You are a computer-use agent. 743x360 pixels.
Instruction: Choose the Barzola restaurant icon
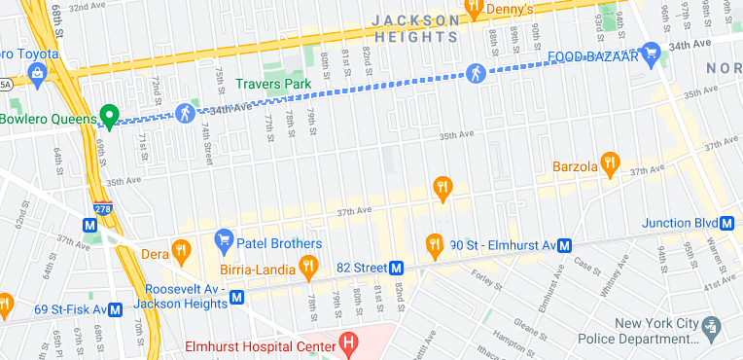610,164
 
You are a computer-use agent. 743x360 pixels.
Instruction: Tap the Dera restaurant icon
180,251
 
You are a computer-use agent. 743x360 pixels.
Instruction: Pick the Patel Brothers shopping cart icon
224,239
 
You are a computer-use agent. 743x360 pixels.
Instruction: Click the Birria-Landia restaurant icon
308,265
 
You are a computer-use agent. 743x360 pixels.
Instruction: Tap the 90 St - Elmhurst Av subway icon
564,245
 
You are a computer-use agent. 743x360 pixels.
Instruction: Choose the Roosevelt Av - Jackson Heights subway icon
235,298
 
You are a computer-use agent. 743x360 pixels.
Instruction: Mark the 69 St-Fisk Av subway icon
115,309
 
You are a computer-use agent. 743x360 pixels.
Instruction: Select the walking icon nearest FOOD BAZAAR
476,71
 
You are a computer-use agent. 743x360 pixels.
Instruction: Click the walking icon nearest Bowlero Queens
185,113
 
